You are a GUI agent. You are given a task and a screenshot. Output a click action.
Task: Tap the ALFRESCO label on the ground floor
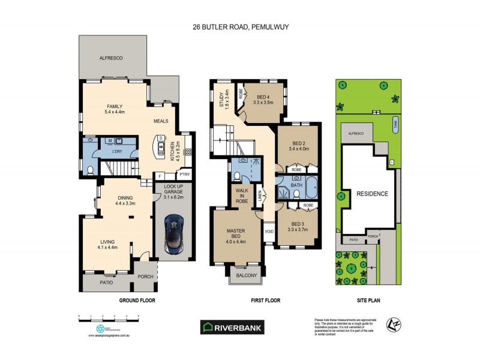click(x=111, y=58)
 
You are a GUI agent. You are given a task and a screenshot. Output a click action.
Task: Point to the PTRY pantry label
click(x=184, y=175)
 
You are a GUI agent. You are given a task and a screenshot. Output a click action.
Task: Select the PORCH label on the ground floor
click(x=145, y=277)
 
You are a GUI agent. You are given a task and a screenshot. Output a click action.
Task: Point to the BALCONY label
click(x=246, y=275)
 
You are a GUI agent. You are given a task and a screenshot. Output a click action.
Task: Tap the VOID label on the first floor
click(x=269, y=231)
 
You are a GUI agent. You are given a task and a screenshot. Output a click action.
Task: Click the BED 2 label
click(x=298, y=145)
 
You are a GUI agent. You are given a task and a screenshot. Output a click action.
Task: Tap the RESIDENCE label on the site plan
click(x=372, y=194)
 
